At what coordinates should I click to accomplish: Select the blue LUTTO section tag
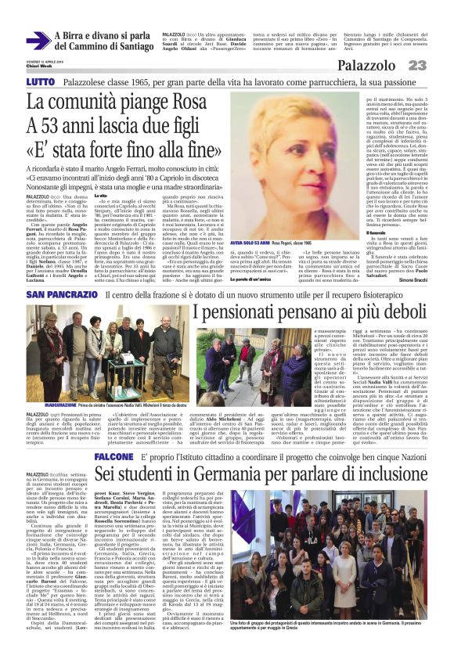point(41,82)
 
